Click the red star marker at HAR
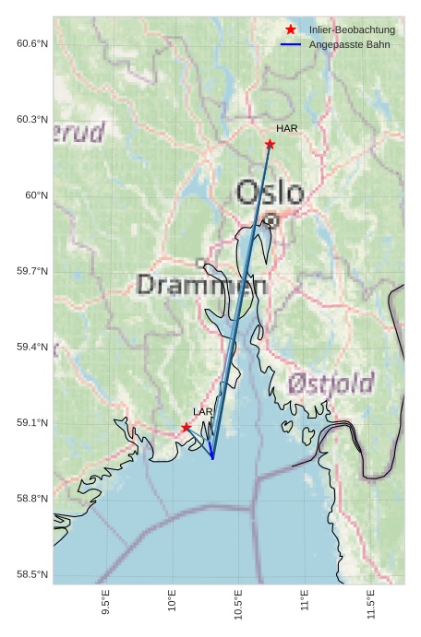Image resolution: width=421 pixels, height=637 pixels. (270, 144)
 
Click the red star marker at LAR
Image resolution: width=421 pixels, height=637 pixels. (186, 427)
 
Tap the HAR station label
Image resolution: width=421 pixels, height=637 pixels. (286, 129)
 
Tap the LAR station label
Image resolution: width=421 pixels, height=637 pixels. (203, 411)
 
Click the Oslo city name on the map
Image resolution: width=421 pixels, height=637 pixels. (270, 193)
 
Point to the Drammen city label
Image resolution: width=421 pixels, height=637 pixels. (202, 285)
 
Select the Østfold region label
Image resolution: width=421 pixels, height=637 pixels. (330, 383)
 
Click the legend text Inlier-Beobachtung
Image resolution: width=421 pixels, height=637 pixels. (352, 30)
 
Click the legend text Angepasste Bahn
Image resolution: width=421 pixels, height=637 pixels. (352, 44)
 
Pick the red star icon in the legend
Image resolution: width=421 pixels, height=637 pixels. (291, 29)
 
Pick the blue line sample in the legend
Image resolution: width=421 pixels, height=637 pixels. (291, 44)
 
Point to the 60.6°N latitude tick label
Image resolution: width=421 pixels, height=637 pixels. (31, 43)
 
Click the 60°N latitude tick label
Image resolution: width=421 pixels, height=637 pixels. (36, 195)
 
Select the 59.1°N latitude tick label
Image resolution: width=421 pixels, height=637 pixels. (31, 422)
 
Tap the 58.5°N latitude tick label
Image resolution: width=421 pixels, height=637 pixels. (31, 574)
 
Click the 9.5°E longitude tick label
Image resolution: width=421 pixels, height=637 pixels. (106, 604)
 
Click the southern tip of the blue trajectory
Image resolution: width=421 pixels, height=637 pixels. (212, 458)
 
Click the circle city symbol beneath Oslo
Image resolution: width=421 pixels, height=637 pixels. (271, 220)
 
